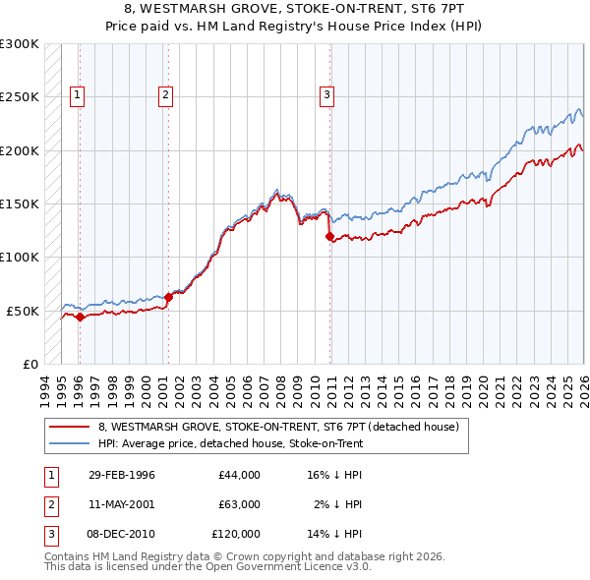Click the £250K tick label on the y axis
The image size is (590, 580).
(x=20, y=97)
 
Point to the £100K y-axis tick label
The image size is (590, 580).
(x=20, y=257)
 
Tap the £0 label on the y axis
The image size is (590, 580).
(x=29, y=364)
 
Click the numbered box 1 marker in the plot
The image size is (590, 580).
(x=78, y=95)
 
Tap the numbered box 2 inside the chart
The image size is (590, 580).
(x=165, y=95)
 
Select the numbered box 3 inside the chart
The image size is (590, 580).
(x=326, y=95)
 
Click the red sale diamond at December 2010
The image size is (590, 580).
(x=329, y=236)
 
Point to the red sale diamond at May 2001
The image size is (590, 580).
(x=168, y=296)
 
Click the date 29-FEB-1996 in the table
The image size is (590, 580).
(x=121, y=475)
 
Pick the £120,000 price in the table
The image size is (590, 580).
(x=236, y=534)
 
